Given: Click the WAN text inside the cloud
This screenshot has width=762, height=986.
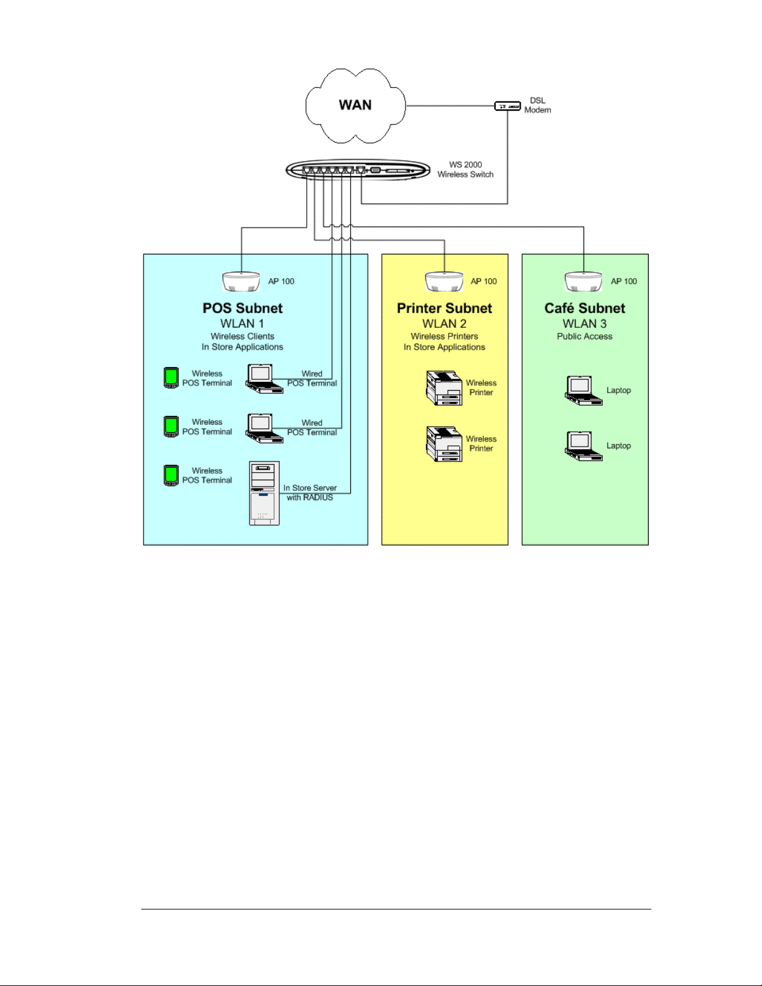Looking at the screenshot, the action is coord(355,105).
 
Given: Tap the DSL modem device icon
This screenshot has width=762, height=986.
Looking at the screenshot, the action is coord(507,106).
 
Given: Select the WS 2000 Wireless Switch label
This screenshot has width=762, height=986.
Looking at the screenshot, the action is coord(465,169).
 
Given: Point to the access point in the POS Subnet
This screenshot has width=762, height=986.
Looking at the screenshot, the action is coord(241,281).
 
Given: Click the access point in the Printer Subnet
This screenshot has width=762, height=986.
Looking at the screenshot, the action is coord(444,281).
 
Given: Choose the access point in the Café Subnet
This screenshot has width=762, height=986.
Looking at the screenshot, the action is coord(583,281).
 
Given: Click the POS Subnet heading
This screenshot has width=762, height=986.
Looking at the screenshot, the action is coord(242,308).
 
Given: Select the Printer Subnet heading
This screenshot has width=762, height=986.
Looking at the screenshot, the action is coord(444,308).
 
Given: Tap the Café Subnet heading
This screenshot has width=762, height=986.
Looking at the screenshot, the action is coord(585,308).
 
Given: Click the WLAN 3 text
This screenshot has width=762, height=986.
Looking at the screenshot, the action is coord(585,323).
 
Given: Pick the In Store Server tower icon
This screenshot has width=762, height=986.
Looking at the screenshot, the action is coord(264,493).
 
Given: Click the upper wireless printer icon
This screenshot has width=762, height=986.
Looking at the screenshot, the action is coord(444,388).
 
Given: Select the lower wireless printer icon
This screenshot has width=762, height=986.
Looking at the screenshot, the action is coord(444,444).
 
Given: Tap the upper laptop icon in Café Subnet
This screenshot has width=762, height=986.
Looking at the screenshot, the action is coord(583,390).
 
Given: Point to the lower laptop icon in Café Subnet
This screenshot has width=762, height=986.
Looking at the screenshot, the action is coord(583,446).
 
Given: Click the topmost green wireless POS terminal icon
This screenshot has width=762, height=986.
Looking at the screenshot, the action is coord(171,378).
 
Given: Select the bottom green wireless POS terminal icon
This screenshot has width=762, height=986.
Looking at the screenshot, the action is coord(171,475).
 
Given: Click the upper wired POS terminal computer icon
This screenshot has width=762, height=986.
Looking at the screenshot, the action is coord(264,378).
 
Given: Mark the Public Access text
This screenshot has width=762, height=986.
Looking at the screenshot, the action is coord(585,336).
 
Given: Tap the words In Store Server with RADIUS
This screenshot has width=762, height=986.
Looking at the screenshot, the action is coord(310,492).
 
